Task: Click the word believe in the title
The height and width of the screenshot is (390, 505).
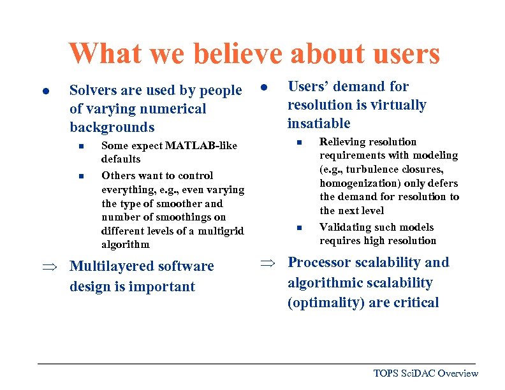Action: click(x=238, y=54)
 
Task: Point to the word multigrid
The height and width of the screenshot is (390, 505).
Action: click(x=219, y=231)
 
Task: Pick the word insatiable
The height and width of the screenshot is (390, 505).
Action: click(x=319, y=123)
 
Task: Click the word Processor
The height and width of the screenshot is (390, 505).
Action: click(x=321, y=263)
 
